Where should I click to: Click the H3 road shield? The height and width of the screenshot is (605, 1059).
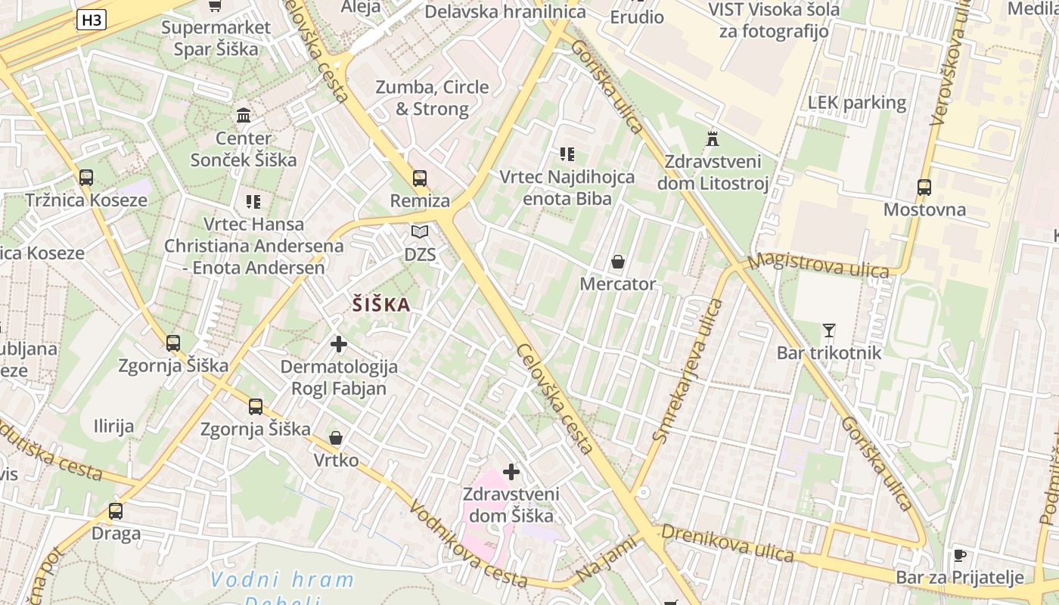[91, 20]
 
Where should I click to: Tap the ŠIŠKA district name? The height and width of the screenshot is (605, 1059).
[381, 305]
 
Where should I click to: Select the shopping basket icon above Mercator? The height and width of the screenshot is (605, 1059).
[618, 262]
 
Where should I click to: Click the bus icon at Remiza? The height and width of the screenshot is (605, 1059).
[420, 178]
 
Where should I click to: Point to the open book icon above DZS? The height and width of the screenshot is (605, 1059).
[420, 232]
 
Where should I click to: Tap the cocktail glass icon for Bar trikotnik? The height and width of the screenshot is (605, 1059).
[829, 330]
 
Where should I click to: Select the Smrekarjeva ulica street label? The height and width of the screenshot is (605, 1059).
[688, 371]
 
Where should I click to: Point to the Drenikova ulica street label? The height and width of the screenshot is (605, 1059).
[728, 543]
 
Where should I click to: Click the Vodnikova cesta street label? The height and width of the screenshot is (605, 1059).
[467, 543]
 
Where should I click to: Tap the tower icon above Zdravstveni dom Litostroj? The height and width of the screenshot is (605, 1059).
[712, 138]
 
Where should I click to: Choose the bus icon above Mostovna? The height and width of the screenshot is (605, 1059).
[924, 187]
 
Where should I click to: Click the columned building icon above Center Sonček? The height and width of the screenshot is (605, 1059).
[244, 116]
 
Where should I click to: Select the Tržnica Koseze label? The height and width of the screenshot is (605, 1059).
[86, 200]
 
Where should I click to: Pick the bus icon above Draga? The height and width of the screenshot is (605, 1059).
[116, 510]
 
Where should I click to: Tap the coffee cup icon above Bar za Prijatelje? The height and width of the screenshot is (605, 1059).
[959, 556]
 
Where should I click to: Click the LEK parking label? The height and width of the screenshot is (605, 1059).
[856, 103]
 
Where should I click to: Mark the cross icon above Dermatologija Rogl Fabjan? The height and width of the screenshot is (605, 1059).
[339, 345]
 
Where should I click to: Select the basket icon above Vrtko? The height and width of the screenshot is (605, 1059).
[336, 438]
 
